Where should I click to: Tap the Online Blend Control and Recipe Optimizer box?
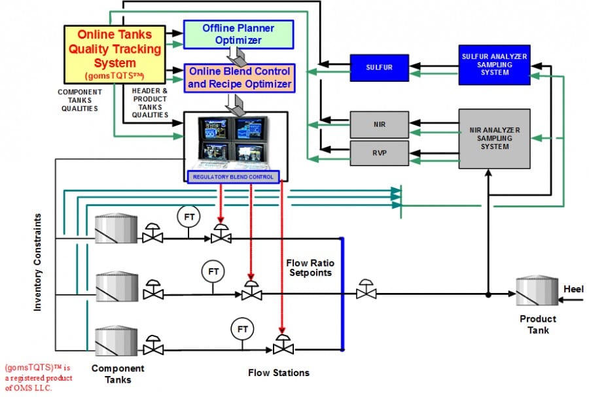(239, 78)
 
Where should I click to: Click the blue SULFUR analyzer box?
(379, 66)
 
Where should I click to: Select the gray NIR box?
(379, 123)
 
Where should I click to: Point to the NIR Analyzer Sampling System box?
(493, 139)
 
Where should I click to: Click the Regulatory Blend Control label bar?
(232, 177)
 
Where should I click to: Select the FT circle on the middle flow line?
(213, 270)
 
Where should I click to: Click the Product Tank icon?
(535, 291)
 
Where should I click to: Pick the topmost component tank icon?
(116, 230)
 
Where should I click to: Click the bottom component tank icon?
(116, 340)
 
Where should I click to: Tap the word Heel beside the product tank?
(573, 288)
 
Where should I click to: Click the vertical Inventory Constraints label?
(39, 262)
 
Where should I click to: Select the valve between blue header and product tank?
(365, 291)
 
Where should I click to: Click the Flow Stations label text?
(278, 373)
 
